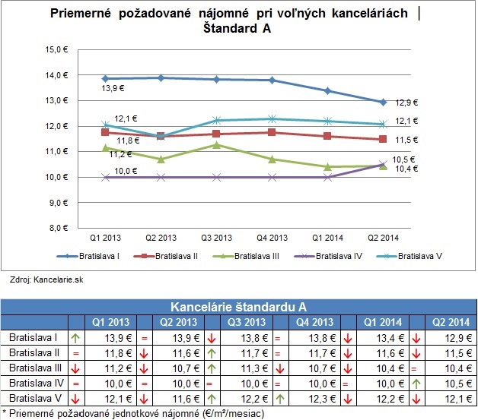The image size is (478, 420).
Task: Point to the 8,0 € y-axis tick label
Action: click(59, 228)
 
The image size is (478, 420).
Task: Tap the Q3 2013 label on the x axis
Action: click(217, 238)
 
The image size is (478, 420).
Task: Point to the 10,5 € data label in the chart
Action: click(399, 159)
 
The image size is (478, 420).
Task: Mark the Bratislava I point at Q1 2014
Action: click(327, 90)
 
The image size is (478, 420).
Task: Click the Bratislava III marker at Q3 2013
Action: click(217, 144)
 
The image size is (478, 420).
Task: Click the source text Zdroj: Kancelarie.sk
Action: click(36, 280)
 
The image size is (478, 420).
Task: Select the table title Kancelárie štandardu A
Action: click(239, 307)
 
